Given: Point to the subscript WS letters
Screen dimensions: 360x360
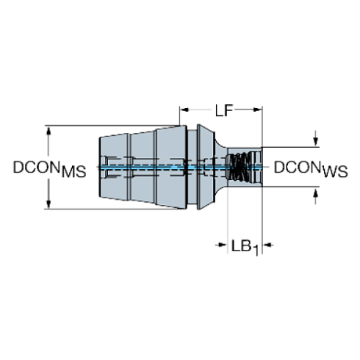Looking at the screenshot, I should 335,173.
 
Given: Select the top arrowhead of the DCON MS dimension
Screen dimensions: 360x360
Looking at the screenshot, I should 49,132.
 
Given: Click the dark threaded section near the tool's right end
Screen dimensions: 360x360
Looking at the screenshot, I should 239,168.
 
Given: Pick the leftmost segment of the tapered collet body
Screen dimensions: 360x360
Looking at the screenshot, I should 114,168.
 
